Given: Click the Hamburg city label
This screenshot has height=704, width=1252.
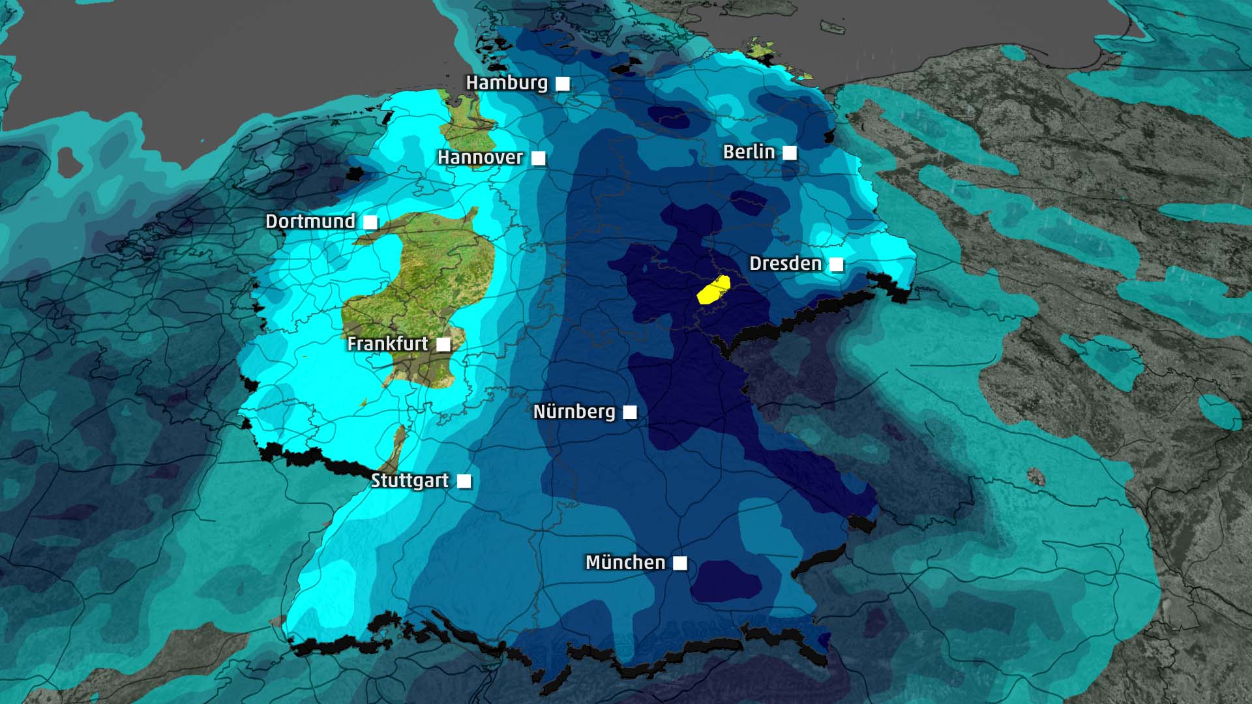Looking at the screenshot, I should (x=507, y=83).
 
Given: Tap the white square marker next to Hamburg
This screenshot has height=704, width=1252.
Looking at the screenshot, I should (x=563, y=83).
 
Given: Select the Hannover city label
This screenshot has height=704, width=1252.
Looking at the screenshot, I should (x=480, y=158).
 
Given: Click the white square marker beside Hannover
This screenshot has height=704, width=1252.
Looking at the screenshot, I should (x=539, y=158).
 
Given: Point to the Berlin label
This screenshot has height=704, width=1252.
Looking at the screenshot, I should (x=749, y=153).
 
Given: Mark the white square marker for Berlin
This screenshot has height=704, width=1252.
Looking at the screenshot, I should (x=790, y=153).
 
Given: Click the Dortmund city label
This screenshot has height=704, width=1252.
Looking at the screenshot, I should (x=310, y=222).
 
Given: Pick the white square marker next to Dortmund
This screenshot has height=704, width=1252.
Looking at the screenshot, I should (x=370, y=222).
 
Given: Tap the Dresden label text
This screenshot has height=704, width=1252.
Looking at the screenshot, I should (x=785, y=264).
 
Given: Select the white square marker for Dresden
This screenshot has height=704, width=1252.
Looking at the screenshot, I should (x=837, y=264).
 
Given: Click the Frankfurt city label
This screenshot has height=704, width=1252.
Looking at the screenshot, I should (x=387, y=344).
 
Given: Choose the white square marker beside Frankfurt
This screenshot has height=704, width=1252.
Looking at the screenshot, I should (x=443, y=344).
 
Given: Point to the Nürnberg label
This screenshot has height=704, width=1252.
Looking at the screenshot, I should (x=574, y=412).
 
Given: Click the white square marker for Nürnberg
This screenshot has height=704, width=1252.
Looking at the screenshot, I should (x=630, y=412).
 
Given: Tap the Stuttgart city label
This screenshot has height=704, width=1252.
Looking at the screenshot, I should (x=410, y=481).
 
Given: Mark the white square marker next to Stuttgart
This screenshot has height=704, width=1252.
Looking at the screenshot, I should (x=464, y=481).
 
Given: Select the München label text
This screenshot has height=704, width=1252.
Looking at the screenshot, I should (x=625, y=563).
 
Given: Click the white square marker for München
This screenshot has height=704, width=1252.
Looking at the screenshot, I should (x=680, y=563).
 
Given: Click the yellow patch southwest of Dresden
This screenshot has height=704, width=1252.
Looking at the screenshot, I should (x=713, y=289).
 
